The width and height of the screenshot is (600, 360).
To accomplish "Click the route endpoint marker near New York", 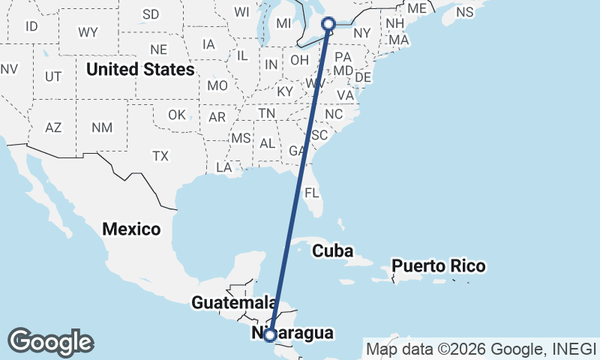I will pos(328,24).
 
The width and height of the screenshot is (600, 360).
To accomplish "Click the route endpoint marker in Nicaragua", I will pos(270,335).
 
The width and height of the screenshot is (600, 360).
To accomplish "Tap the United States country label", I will pos(140,70).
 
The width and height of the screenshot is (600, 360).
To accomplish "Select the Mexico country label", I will pos(132,229).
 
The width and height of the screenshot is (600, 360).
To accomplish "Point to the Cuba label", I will pos(332,250).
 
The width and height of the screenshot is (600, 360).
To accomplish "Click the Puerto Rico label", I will pos(438,266).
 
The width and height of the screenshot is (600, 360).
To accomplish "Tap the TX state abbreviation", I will pos(160,156).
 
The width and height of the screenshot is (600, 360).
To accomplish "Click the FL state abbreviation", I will pos(312,193).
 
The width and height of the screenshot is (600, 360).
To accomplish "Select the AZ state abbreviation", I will pos(53,127).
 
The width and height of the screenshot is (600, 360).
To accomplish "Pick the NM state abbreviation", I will pos(102,127).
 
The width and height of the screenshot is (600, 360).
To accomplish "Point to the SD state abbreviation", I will pos(151,14).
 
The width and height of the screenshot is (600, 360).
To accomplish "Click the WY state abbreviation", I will pos(88,32).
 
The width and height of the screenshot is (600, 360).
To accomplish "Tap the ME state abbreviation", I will pos(417,8).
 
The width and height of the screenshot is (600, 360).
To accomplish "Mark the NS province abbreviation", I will pos(465,12).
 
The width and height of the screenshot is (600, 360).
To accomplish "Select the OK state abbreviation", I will pos(176,115).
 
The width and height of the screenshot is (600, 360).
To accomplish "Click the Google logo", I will pos(50,342).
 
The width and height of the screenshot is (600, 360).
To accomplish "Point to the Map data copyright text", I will pos(480,349).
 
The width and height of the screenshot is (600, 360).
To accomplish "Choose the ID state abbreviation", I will pos(31,26).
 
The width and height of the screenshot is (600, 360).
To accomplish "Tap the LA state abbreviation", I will pos(223,167).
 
